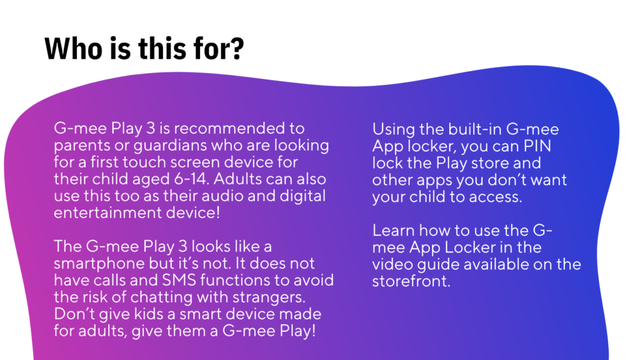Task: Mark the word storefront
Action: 410,281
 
